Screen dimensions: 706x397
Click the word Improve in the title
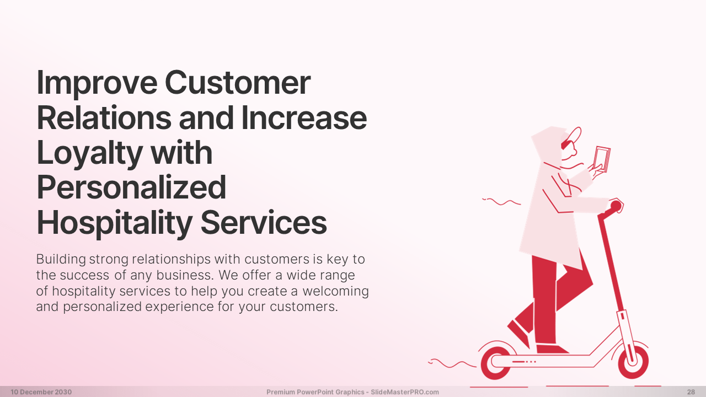(x=97, y=83)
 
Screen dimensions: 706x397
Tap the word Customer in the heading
(x=238, y=82)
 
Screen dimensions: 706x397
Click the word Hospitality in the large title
(x=114, y=223)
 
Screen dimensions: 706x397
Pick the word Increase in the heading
(x=304, y=117)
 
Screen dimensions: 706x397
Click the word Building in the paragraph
(x=61, y=260)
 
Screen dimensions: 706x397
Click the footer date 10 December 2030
(x=41, y=392)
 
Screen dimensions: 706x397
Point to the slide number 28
(x=691, y=392)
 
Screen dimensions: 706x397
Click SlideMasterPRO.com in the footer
(x=405, y=392)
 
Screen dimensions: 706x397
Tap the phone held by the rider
(x=602, y=159)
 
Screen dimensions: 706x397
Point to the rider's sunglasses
(x=565, y=144)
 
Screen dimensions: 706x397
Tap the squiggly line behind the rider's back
(x=501, y=202)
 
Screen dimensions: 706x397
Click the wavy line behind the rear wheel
(x=452, y=363)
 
